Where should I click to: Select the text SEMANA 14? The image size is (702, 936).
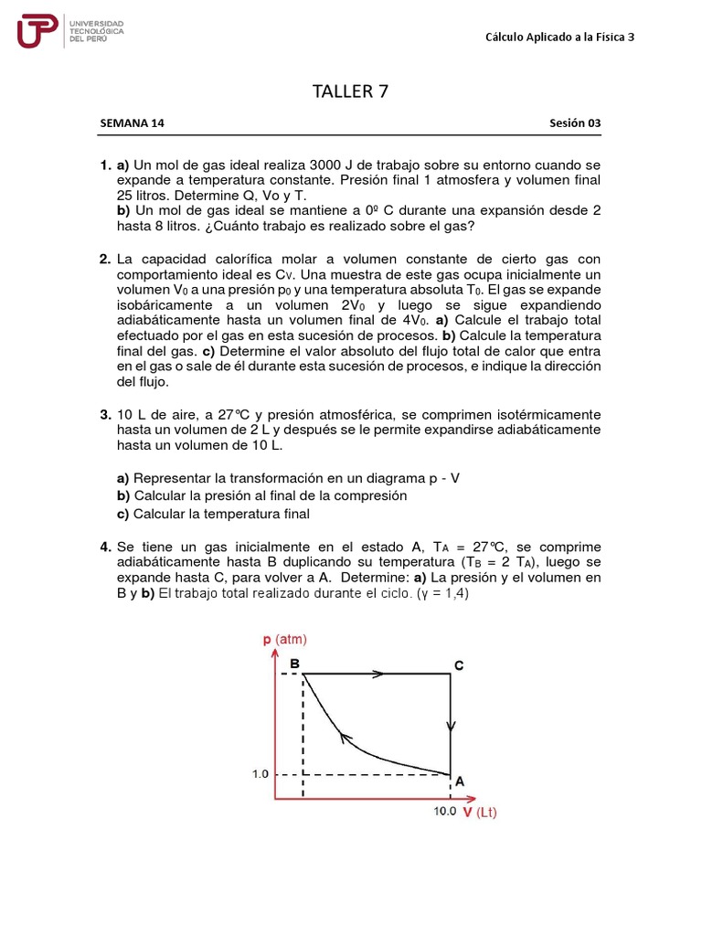coord(132,123)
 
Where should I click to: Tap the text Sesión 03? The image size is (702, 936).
coord(575,123)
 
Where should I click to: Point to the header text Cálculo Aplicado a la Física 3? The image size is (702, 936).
coord(558,37)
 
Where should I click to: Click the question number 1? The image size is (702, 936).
coord(105,165)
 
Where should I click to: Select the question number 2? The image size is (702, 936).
coord(105,260)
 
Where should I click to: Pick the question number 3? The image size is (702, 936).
coord(105,414)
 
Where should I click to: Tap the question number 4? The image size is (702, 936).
coord(105,547)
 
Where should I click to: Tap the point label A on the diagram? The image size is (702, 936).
coord(460,782)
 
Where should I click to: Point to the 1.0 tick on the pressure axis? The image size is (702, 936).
coord(260,774)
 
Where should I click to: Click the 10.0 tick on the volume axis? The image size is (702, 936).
coord(444,811)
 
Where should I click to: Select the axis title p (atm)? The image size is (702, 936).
coord(285,639)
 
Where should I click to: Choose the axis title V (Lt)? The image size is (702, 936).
coord(479,812)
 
